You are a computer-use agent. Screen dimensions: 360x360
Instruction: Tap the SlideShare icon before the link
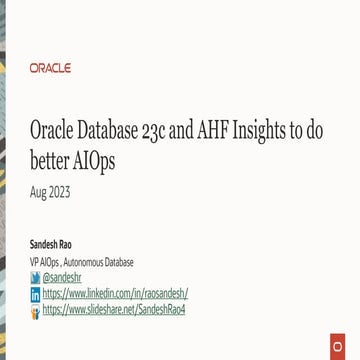[x=36, y=312]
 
